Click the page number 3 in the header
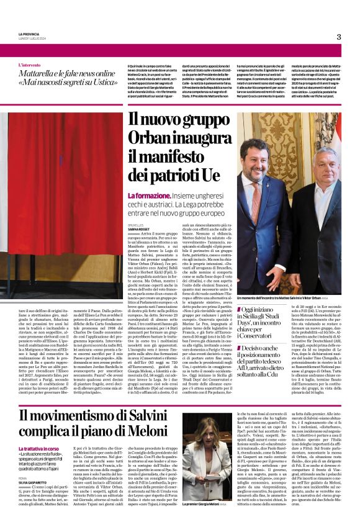point(339,37)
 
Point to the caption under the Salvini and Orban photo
point(286,298)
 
